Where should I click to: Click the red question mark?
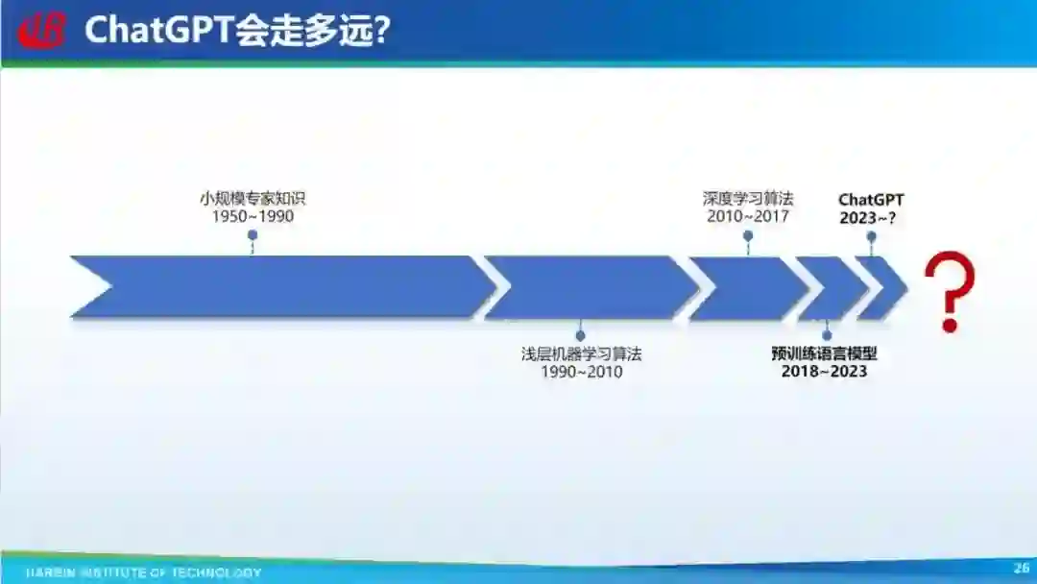pos(949,290)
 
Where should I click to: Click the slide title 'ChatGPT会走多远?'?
pos(236,31)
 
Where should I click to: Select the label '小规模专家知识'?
pos(253,199)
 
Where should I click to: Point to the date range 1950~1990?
pos(253,217)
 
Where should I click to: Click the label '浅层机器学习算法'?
pos(581,353)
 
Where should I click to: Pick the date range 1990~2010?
pos(581,372)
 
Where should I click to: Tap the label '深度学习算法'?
pos(748,199)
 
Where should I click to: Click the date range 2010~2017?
pos(748,217)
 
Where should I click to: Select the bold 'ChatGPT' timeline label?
pos(871,200)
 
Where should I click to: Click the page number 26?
pos(1021,568)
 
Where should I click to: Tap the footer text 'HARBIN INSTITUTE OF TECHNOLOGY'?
pos(143,572)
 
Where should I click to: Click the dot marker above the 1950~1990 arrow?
pos(253,234)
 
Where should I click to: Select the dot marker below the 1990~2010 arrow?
pos(580,336)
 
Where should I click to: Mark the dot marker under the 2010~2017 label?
pos(748,234)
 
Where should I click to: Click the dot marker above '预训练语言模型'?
pos(827,335)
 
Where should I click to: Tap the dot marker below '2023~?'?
pos(871,235)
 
